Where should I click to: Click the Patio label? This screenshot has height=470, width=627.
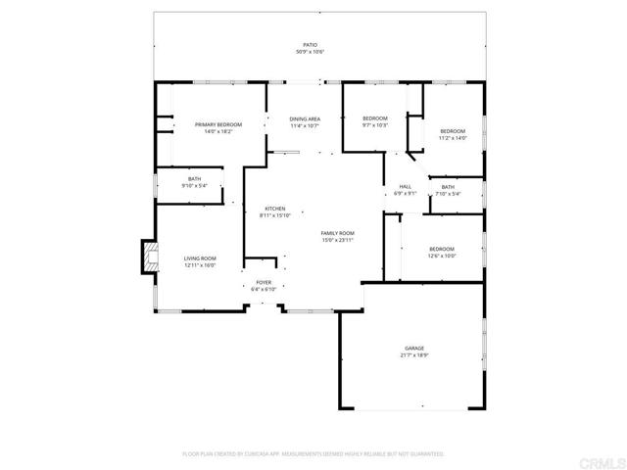(310, 45)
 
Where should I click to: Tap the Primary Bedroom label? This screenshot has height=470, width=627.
(218, 124)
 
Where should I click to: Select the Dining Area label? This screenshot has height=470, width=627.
(305, 118)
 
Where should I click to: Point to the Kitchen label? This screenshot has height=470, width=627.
(275, 209)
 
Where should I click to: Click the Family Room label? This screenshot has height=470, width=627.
(337, 232)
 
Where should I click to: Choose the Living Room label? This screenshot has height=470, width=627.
(199, 258)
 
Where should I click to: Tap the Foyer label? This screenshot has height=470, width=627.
(265, 282)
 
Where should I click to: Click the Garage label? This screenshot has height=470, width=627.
(414, 348)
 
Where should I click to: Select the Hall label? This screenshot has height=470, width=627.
(405, 186)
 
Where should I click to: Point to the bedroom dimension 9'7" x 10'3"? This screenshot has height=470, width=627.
(375, 125)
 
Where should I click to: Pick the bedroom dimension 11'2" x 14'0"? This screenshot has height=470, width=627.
(452, 138)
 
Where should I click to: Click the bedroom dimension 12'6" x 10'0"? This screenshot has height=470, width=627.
(441, 257)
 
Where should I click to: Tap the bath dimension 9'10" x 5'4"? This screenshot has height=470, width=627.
(195, 186)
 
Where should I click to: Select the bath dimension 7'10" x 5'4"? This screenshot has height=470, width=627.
(448, 194)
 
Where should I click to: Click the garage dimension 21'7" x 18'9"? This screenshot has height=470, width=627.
(414, 355)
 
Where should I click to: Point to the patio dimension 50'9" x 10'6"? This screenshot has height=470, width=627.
(310, 52)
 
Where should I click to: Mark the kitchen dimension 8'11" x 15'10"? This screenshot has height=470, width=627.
(275, 216)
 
